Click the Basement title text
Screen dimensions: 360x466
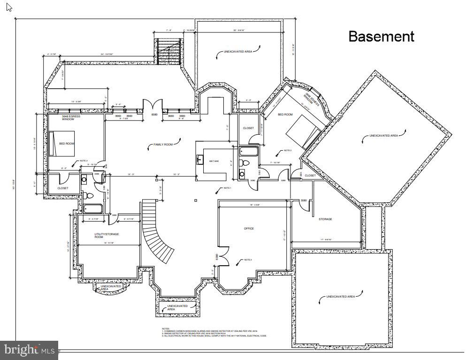point(381,37)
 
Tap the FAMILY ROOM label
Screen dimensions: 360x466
point(163,145)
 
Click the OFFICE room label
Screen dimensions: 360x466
point(249,229)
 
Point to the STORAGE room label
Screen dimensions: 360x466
point(325,219)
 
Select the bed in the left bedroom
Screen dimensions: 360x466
point(62,144)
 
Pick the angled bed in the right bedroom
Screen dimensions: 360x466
point(305,130)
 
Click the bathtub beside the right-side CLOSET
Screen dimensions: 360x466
point(247,151)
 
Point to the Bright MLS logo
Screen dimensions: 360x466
point(29,350)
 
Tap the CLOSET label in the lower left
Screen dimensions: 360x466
point(62,188)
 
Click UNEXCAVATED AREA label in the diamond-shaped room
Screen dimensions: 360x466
point(383,136)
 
